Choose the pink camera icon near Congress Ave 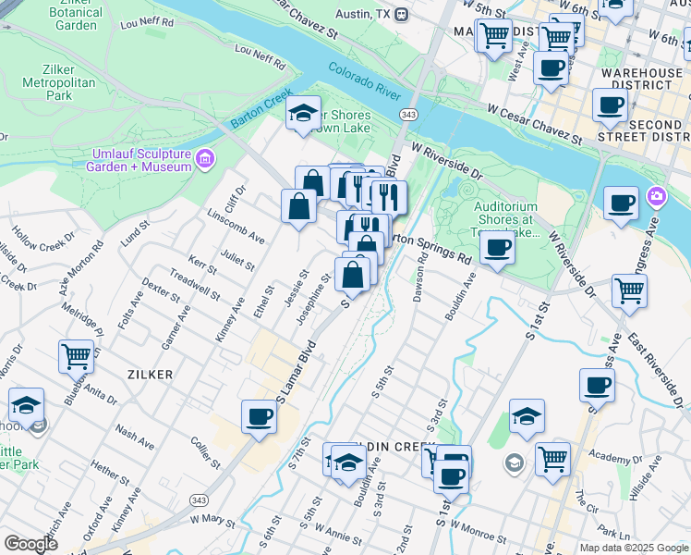click(x=657, y=195)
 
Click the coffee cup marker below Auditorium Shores click(x=497, y=248)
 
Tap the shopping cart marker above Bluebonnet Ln click(x=76, y=355)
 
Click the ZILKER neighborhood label click(x=148, y=372)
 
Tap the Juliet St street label click(x=236, y=261)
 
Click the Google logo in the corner click(x=30, y=543)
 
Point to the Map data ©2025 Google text click(x=634, y=548)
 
